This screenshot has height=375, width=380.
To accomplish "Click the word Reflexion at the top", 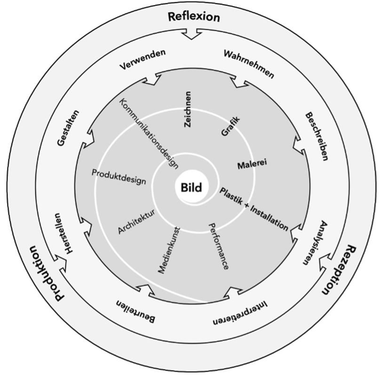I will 193,17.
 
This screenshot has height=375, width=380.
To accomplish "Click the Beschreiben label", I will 316,136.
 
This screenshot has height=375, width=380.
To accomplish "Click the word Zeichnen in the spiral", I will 188,109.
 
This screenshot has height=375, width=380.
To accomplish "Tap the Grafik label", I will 230,127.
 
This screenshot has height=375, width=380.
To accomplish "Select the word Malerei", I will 253,165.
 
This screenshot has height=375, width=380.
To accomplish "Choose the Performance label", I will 219,245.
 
